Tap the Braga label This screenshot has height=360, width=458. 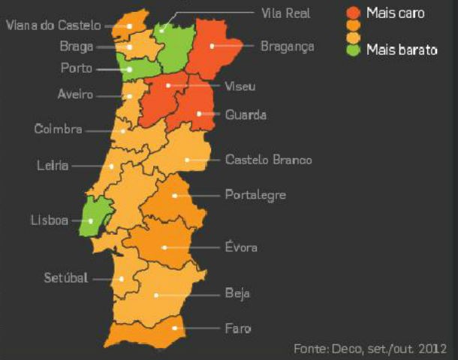click(77, 46)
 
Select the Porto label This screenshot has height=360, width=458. click(77, 68)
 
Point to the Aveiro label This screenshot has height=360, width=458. click(75, 94)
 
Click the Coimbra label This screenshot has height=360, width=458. click(58, 129)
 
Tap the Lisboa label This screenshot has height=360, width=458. click(50, 220)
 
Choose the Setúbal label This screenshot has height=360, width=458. click(66, 277)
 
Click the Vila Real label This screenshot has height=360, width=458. click(285, 13)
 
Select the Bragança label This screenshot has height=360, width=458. click(287, 46)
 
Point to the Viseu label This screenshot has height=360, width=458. click(240, 86)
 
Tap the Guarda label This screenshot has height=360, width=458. click(246, 115)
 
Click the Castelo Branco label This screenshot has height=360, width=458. click(268, 160)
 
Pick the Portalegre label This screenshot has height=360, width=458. click(255, 195)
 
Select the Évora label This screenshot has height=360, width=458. click(241, 247)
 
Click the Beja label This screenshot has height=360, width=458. click(237, 293)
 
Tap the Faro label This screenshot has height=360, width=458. click(237, 328)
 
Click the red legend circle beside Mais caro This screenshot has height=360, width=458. click(354, 13)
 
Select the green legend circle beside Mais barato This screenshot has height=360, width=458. click(354, 50)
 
